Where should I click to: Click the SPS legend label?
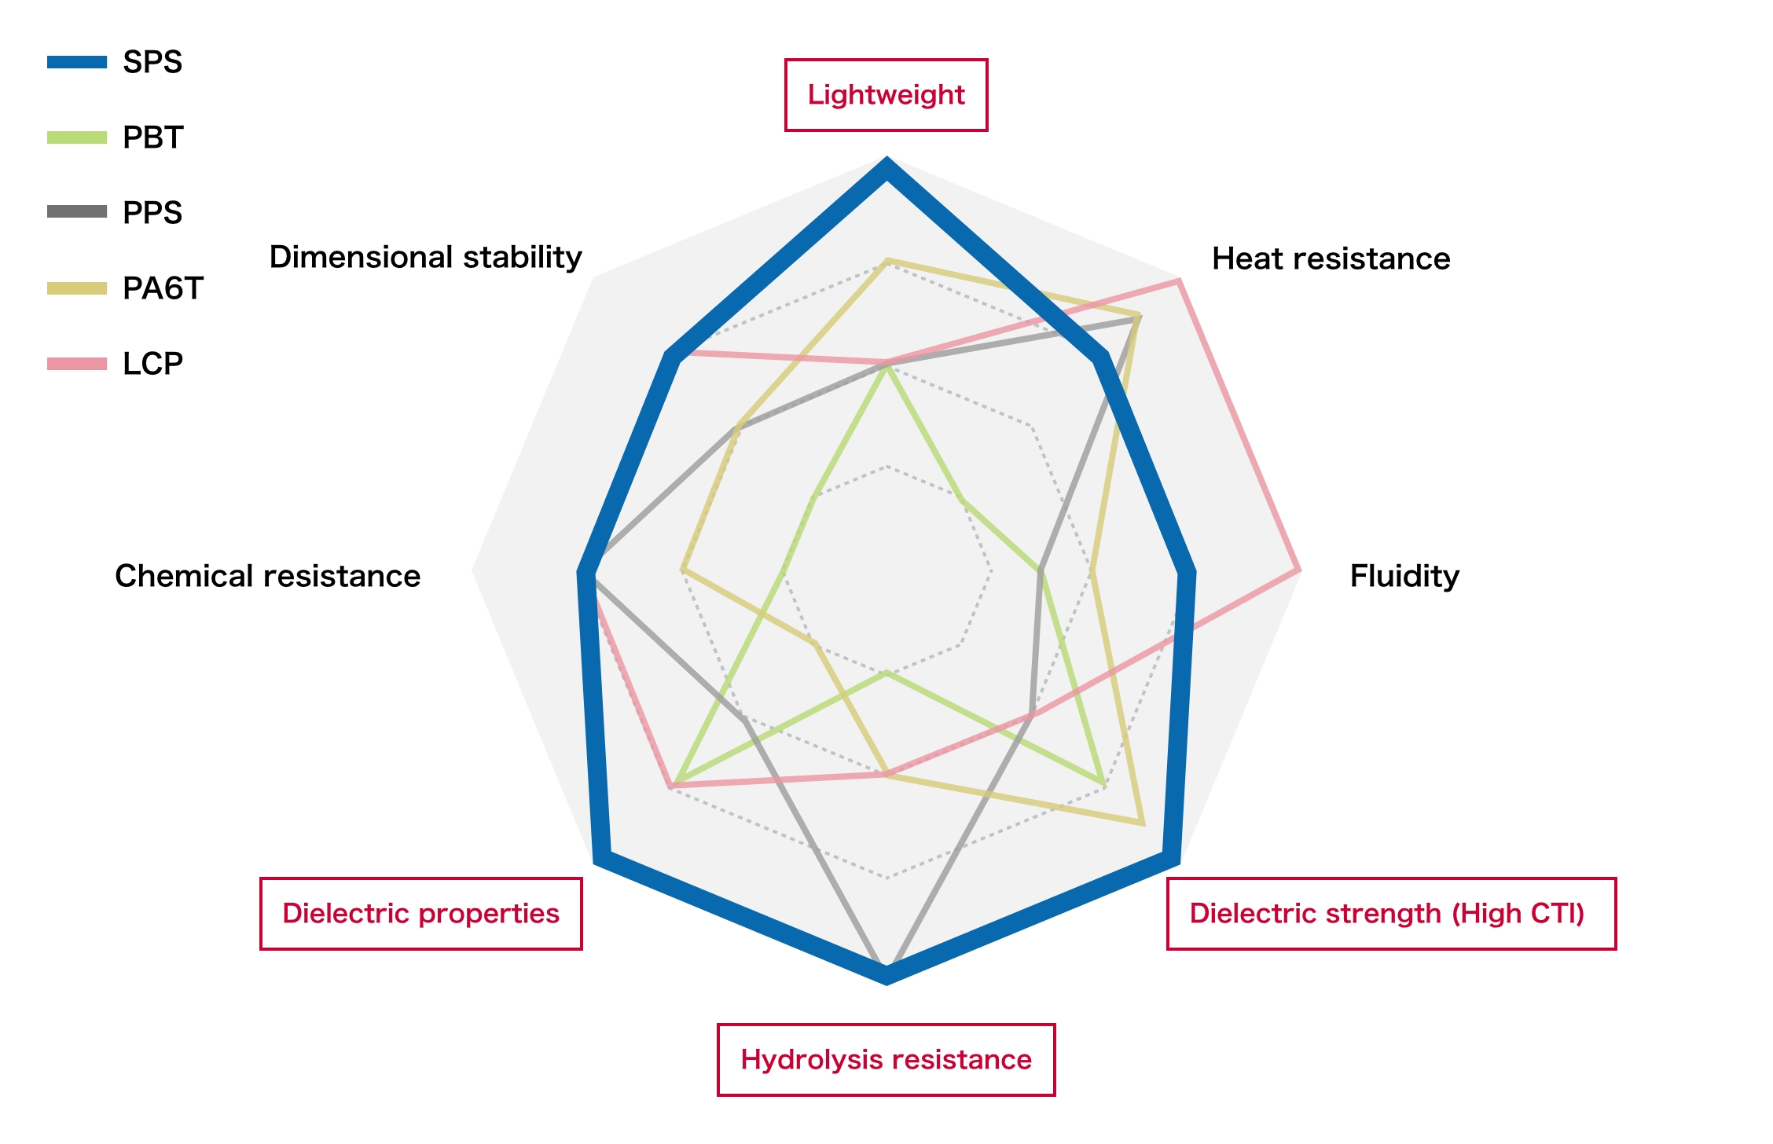(152, 62)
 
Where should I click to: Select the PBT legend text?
(153, 137)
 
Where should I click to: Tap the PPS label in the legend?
(152, 213)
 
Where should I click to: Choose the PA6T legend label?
(163, 288)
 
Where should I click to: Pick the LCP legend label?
(152, 364)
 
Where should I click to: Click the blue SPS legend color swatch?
(77, 62)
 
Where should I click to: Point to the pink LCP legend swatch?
(77, 364)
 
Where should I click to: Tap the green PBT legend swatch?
(77, 137)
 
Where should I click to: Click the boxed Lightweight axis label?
(886, 95)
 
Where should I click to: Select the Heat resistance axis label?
(1331, 258)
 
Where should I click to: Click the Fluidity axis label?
(1404, 576)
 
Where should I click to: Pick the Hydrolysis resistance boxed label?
(886, 1060)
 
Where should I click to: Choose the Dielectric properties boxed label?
(421, 914)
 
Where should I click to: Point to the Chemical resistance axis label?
(267, 576)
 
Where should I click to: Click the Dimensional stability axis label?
(425, 257)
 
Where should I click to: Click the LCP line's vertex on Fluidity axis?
(1298, 570)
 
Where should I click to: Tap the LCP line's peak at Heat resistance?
(1179, 280)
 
